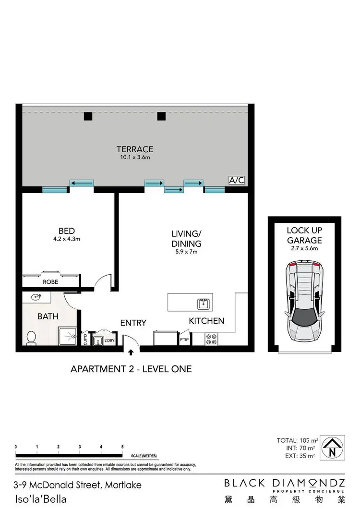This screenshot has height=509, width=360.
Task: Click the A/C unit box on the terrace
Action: tap(236, 181)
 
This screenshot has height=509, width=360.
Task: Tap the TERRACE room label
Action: tap(135, 149)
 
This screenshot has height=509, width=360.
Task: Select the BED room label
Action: tap(67, 231)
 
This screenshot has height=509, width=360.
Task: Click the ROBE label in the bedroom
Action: tap(50, 282)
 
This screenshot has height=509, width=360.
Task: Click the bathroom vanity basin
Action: tap(36, 297)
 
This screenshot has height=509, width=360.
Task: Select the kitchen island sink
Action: tap(203, 303)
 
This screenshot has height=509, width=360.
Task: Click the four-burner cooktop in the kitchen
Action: tap(212, 339)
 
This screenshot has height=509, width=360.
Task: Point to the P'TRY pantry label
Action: tap(184, 339)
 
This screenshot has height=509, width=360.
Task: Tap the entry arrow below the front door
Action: tap(131, 353)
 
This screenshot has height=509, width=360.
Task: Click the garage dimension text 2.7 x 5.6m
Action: tap(304, 249)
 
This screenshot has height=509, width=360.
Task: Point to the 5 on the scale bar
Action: tap(122, 447)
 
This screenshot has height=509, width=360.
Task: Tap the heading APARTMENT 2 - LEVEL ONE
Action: tap(131, 369)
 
